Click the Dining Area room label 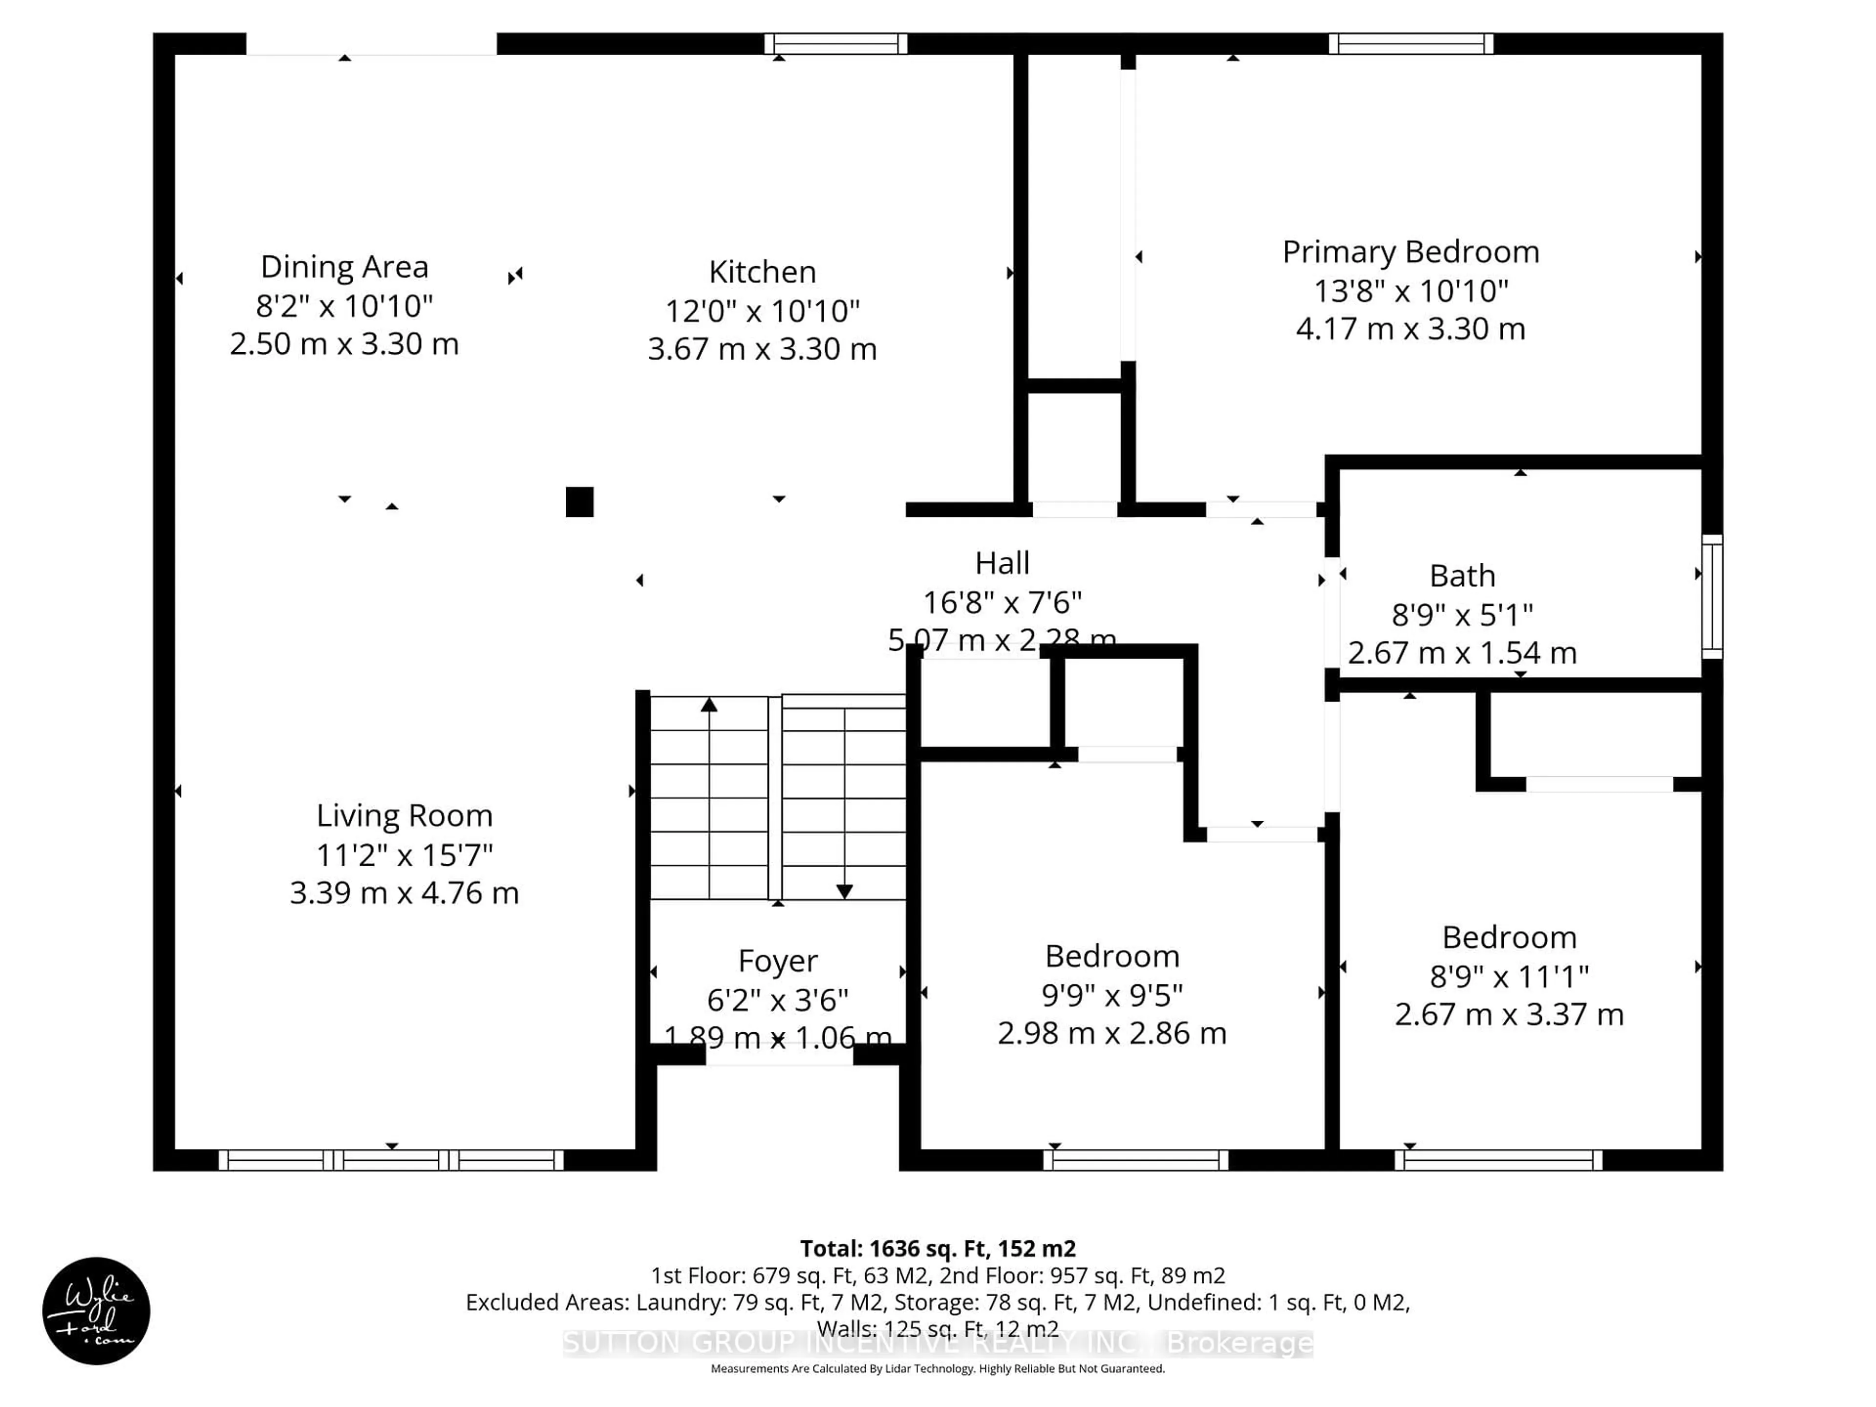[344, 267]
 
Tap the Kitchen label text [763, 272]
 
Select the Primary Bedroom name [1410, 252]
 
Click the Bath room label [1462, 576]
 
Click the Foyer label [778, 961]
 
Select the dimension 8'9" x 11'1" [1509, 976]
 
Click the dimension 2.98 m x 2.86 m [1112, 1033]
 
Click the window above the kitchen [835, 43]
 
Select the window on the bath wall [1711, 596]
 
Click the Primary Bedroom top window [1410, 43]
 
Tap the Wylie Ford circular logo [96, 1310]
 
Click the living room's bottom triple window [391, 1160]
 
